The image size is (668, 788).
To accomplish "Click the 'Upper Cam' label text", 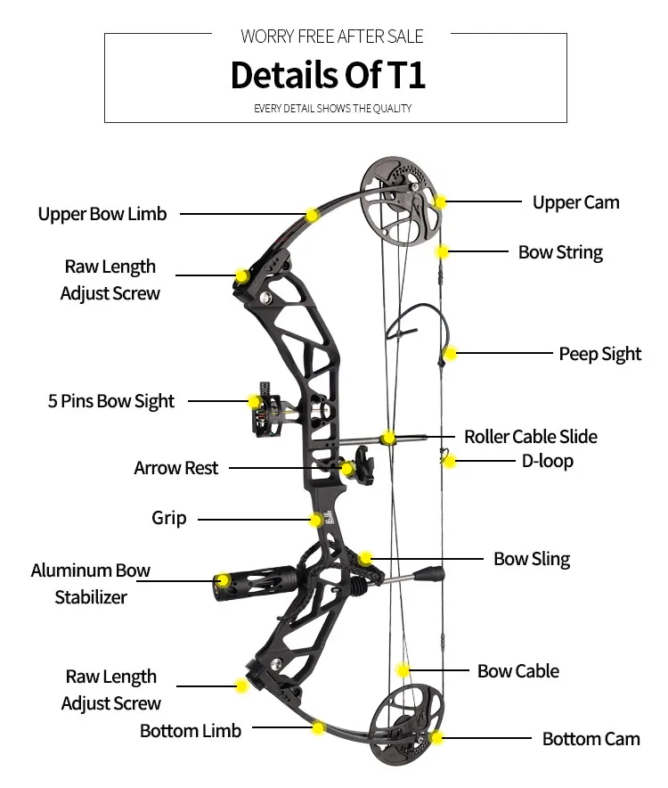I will coord(575,202).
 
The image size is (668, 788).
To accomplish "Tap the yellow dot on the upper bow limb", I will coord(312,215).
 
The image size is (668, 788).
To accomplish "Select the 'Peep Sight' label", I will coord(599,354).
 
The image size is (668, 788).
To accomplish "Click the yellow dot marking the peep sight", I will coord(451,354).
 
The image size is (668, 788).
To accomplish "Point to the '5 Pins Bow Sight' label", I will coord(111,401).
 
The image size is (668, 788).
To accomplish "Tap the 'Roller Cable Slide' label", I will coord(530,437).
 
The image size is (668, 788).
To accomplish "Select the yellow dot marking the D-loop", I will coord(450,462).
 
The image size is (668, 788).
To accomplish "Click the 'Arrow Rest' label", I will coord(175,468).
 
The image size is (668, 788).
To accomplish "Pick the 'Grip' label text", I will coord(168,518).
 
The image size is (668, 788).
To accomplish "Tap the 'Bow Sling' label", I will coord(532,559).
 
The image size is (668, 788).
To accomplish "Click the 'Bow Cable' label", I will coord(517,671).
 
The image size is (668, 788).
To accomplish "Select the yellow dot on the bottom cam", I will coord(436,738).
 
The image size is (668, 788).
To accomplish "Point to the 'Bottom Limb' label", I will coord(191,731).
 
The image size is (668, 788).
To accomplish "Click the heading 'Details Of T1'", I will coord(328,75).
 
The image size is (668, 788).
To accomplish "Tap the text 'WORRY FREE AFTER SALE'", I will coord(332,37).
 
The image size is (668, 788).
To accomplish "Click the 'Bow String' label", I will coord(560,252).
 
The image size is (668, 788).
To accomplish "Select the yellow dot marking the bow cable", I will coord(403,670).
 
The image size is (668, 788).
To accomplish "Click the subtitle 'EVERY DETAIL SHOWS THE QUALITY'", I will coord(332,109).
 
